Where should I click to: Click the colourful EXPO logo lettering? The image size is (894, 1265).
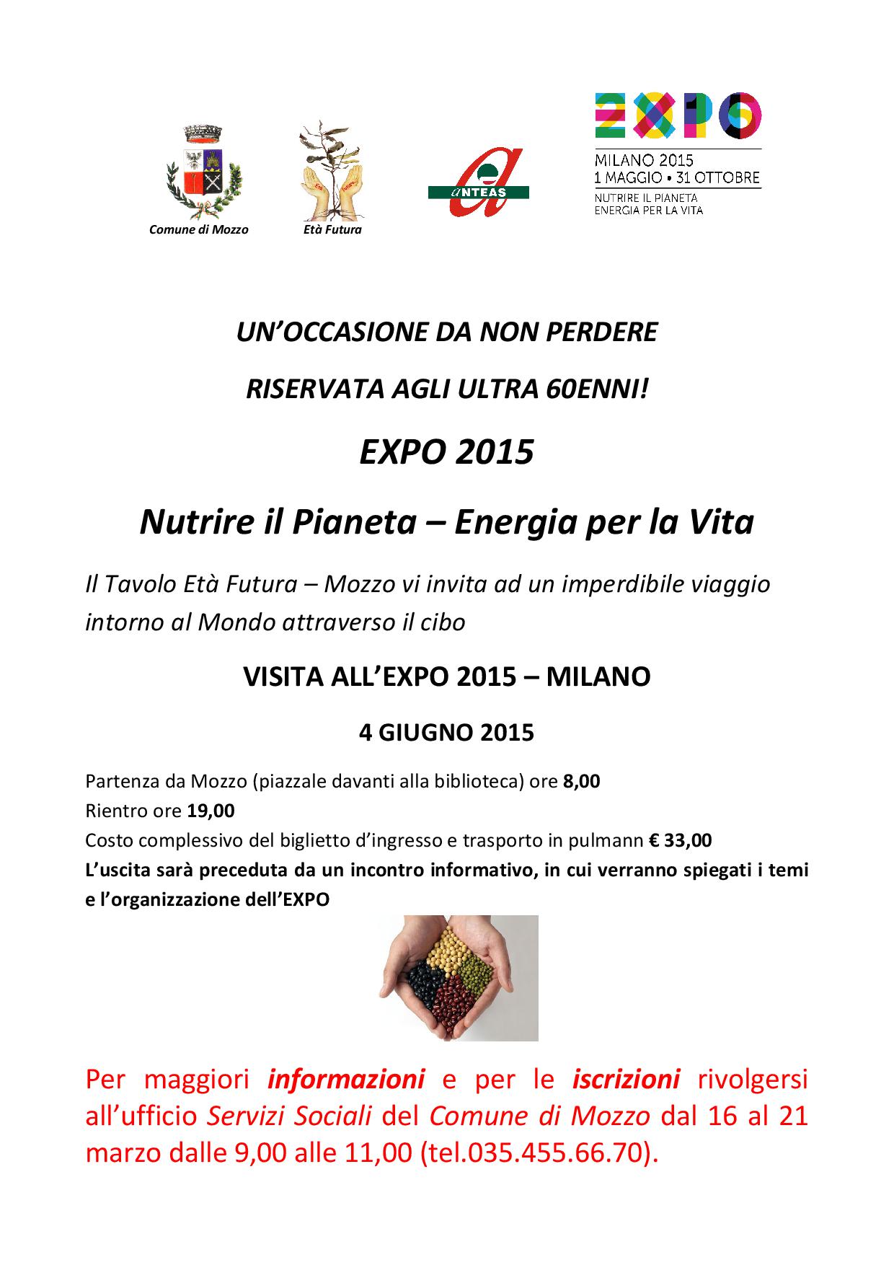(677, 115)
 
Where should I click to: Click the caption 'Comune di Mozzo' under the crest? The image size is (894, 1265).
(198, 229)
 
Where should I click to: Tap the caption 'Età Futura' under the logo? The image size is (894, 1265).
(332, 229)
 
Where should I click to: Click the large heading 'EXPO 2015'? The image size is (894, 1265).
(446, 452)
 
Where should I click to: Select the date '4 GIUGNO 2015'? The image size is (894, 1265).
(446, 732)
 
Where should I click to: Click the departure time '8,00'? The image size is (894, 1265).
(581, 781)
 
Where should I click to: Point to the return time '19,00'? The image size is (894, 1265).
(211, 811)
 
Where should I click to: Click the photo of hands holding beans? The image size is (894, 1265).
(459, 977)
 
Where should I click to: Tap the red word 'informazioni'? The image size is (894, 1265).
(345, 1079)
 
